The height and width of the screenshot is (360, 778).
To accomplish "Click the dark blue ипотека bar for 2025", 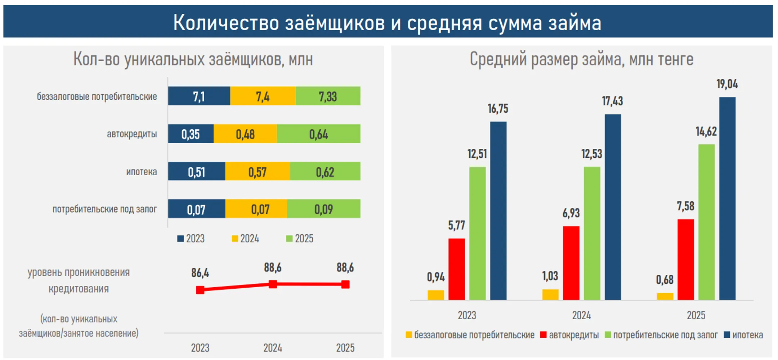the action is click(x=727, y=198).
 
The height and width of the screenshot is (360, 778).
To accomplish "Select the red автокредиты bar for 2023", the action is click(x=456, y=269).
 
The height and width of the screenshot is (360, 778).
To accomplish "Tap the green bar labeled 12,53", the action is click(x=592, y=233).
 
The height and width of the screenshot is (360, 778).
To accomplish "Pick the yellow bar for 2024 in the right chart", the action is click(x=550, y=294).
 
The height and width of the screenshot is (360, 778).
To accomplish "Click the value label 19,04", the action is click(x=727, y=84).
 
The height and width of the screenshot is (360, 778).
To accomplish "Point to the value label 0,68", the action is click(x=665, y=280).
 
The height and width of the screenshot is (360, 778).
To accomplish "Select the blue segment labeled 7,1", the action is click(x=199, y=96).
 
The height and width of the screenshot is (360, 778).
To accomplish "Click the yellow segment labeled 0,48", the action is click(x=245, y=134).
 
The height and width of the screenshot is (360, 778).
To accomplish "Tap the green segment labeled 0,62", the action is click(x=325, y=171).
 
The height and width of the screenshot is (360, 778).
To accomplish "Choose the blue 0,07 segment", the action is click(x=197, y=209).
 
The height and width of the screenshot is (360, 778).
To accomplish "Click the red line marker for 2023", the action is click(x=200, y=290).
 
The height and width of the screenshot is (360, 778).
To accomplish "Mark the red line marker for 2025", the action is click(x=345, y=284).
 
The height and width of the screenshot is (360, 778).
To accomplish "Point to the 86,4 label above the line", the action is click(x=200, y=273).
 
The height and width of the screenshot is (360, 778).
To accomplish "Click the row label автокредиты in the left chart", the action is click(x=132, y=134).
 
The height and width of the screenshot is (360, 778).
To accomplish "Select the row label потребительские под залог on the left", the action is click(x=104, y=209).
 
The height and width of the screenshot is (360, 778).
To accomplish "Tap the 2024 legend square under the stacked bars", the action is click(x=235, y=239).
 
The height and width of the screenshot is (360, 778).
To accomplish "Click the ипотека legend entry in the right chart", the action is click(x=743, y=335).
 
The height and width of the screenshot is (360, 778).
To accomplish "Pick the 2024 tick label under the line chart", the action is click(x=273, y=348).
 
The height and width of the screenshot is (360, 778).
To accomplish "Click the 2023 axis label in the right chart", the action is click(x=467, y=315).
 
